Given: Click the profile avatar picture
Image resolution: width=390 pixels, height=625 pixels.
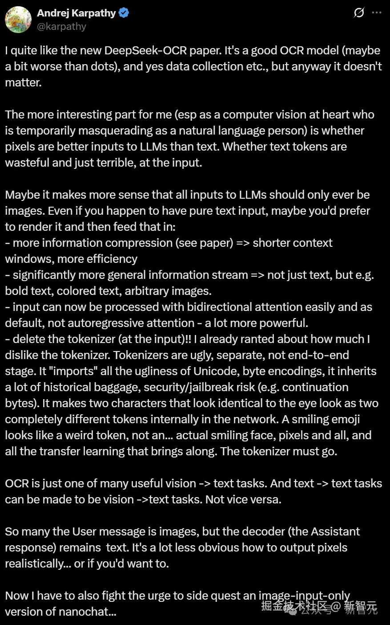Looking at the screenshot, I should click(x=18, y=20).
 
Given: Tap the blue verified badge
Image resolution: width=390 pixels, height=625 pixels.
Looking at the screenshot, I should click(x=124, y=13).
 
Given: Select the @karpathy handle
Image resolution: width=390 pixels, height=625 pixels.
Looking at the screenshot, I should click(x=61, y=27).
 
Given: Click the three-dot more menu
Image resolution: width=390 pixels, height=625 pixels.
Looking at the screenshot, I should click(x=377, y=13).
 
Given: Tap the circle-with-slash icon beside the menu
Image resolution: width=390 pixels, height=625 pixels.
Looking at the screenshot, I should click(x=359, y=13).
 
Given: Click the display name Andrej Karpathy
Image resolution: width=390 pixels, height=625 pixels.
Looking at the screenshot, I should click(x=76, y=13).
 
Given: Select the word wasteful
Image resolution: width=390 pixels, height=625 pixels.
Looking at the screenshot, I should click(x=27, y=163).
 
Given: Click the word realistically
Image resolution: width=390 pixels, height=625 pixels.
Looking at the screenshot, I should click(x=35, y=564).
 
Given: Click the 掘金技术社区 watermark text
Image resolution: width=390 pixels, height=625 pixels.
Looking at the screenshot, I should click(x=294, y=606).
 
